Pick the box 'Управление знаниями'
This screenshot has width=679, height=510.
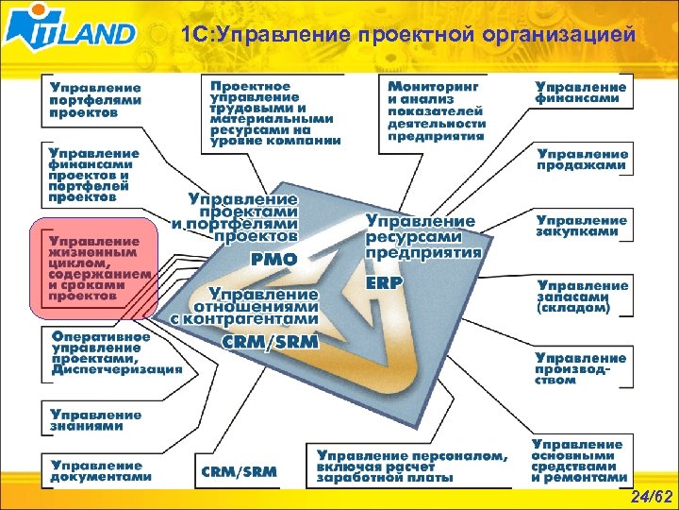click(x=96, y=419)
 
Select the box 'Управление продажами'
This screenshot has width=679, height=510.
click(x=583, y=159)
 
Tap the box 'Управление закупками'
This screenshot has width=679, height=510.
click(x=582, y=225)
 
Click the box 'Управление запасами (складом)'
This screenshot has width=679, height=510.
click(x=582, y=296)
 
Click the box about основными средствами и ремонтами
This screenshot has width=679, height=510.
click(x=577, y=460)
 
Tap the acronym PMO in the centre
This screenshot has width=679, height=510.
click(x=273, y=258)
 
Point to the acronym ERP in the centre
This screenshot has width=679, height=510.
click(x=384, y=282)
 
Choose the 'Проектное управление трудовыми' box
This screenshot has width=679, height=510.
click(x=273, y=111)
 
